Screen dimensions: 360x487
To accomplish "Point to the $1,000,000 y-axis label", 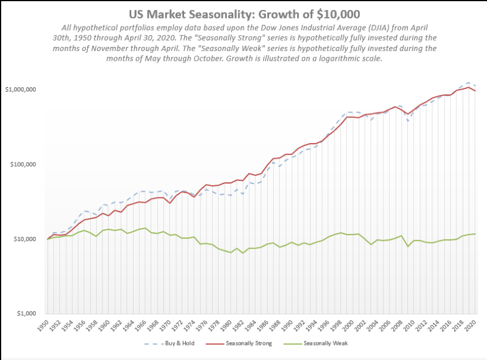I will (21, 90).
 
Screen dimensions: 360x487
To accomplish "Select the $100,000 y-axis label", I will (23, 164).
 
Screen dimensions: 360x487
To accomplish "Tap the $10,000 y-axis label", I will (25, 239).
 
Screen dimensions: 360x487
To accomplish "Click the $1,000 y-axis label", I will (27, 314).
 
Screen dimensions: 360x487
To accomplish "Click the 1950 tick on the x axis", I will (42, 325).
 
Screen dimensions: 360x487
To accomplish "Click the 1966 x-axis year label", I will (141, 325).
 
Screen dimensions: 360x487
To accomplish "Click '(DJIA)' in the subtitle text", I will (357, 27).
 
